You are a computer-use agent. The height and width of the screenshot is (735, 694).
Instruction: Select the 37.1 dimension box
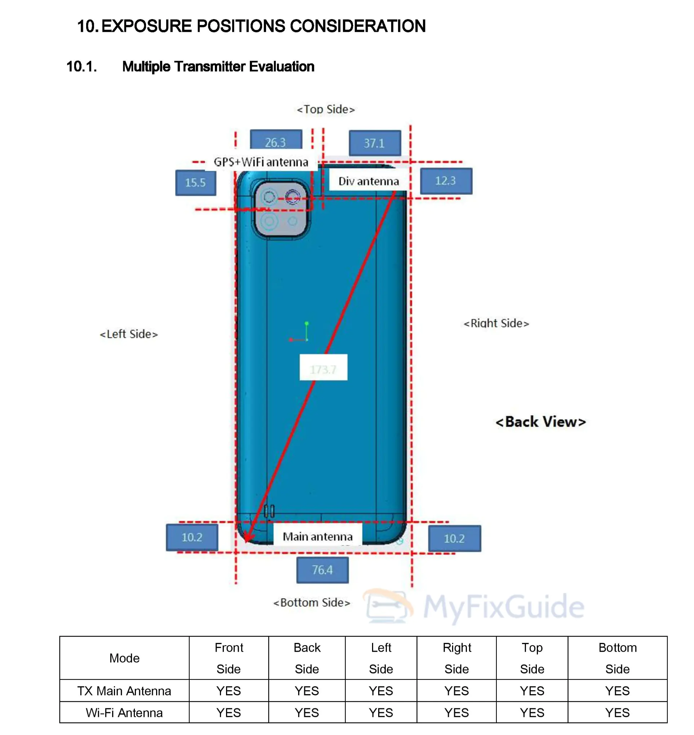pos(375,143)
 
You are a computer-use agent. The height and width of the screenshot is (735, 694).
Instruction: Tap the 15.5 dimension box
pos(196,183)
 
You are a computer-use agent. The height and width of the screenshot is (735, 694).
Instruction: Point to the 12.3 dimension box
pos(446,181)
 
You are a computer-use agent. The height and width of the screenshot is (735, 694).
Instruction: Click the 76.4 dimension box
pos(322,570)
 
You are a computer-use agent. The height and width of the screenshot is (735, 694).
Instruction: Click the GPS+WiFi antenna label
pos(261,162)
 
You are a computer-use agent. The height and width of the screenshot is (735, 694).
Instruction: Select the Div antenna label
pos(369,181)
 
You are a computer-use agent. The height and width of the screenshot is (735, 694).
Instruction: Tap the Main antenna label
pos(318,537)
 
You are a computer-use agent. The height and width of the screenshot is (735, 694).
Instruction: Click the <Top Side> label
pos(326,110)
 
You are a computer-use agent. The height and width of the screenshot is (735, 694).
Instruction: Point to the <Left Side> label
pos(129,334)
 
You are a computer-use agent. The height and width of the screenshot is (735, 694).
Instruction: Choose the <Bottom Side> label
pos(312,603)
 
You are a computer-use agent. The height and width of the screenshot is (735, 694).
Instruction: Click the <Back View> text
pos(541,422)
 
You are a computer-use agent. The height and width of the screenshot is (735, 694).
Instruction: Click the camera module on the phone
pos(281,209)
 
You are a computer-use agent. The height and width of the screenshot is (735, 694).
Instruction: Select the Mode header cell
pos(124,659)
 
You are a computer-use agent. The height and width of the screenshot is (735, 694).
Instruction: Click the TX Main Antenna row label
pos(124,691)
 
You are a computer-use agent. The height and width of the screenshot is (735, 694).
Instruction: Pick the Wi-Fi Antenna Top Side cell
pos(532,712)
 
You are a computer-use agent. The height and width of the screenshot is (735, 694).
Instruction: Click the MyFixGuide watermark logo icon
pos(388,606)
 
